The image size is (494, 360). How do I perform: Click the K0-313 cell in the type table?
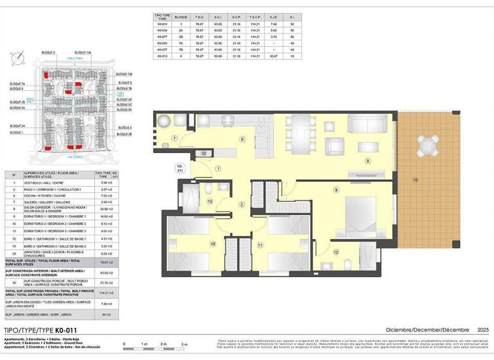coord(162,56)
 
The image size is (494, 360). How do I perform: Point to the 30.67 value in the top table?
coord(275,56)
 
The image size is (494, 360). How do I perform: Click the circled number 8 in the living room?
coord(368,161)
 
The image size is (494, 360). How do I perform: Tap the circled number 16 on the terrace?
coord(416,180)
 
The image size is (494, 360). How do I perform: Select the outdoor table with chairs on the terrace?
coord(427,145)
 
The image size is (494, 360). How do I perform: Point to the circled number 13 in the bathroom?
coord(209,201)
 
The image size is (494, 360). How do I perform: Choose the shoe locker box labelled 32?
coord(203,154)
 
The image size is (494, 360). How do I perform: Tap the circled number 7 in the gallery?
coord(174,138)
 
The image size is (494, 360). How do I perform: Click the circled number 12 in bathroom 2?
coord(336,252)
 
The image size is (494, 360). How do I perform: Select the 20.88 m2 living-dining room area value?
coord(99,208)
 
